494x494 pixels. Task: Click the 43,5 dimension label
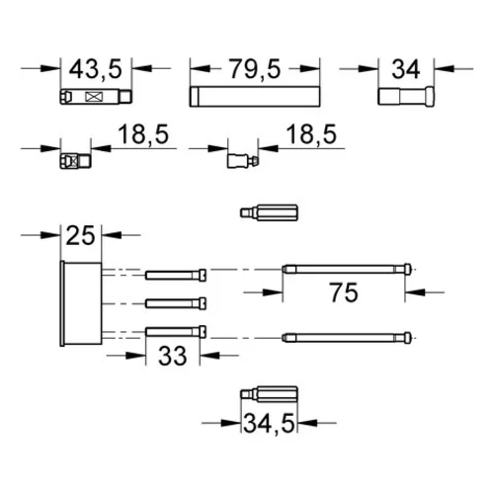96,69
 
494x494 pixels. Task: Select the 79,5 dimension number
255,69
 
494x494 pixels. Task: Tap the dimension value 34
406,69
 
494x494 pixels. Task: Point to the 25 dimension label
80,235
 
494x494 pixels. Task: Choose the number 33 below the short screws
172,356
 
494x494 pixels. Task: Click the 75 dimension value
344,292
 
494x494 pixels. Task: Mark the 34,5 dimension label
270,423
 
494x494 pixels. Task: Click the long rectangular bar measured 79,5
255,96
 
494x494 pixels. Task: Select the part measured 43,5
96,97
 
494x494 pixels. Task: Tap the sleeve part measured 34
406,96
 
